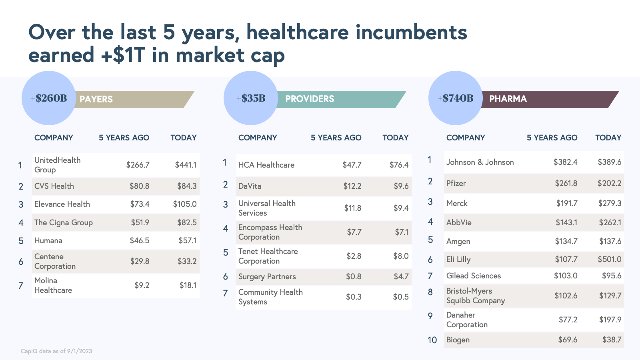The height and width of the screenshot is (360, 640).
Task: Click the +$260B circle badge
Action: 48,98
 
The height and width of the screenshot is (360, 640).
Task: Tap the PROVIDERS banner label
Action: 310,99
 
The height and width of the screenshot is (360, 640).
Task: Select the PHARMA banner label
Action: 508,99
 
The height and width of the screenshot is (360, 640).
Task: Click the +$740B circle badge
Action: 455,98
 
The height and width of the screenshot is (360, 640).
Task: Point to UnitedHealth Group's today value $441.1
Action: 186,165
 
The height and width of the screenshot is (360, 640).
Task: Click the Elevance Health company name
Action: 62,204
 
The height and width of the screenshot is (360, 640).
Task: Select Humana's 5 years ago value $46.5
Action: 140,240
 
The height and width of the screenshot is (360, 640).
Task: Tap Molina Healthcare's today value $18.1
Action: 188,285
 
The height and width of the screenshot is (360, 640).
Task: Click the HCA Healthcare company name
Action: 266,165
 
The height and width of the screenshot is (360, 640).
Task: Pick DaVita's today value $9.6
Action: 401,186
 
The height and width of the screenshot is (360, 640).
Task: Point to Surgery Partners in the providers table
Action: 267,276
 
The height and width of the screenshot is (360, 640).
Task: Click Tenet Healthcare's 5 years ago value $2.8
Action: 354,256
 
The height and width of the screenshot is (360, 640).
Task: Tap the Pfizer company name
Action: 456,183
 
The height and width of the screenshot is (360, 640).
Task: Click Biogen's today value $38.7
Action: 612,340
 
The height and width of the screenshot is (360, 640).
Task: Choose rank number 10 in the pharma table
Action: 432,340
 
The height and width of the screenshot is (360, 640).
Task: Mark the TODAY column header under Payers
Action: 184,138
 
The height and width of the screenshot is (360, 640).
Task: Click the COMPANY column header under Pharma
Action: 466,138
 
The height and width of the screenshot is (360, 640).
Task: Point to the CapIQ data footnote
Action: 56,351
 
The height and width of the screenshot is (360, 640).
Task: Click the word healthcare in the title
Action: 298,32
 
